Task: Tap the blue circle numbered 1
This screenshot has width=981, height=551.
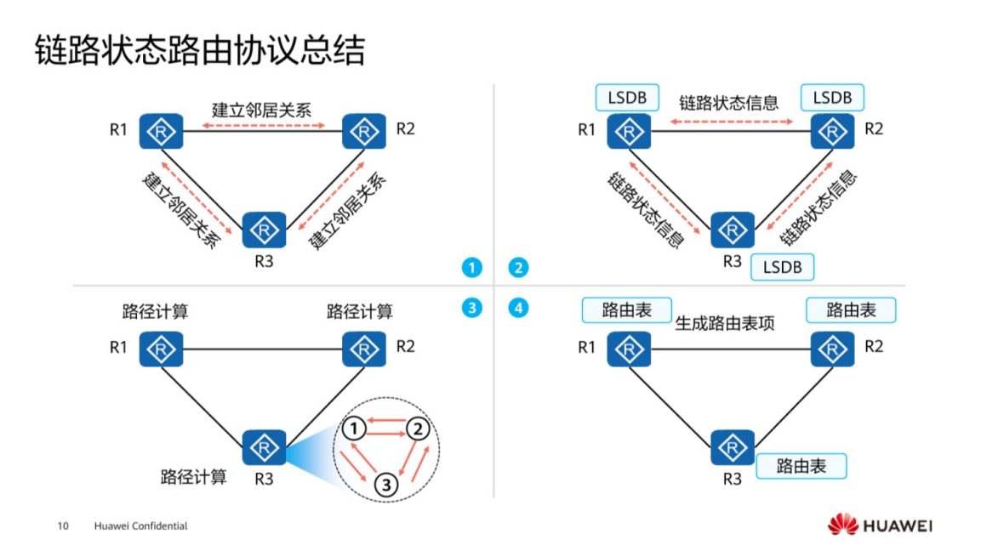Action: pos(471,268)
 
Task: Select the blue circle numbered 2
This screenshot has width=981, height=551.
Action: pos(518,268)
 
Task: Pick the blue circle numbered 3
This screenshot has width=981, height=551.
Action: pos(471,308)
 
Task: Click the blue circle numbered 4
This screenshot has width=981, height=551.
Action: pos(518,308)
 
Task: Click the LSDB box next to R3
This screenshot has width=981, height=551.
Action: pos(782,267)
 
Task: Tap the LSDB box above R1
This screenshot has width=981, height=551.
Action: pos(627,97)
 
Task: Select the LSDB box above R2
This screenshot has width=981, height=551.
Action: pos(831,97)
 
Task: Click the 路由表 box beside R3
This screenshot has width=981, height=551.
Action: pos(801,466)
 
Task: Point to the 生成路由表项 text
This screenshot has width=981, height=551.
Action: pos(725,323)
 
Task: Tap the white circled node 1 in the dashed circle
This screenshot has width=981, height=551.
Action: pos(357,426)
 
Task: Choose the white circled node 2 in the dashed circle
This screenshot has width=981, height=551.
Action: pos(417,429)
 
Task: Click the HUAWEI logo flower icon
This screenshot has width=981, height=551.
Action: pos(842,525)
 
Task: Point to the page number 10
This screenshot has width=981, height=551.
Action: pos(63,526)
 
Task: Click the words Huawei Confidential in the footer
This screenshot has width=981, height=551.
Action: pos(140,526)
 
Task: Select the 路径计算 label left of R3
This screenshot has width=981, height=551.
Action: pos(194,476)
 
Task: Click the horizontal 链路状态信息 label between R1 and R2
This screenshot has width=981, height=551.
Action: pos(728,104)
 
